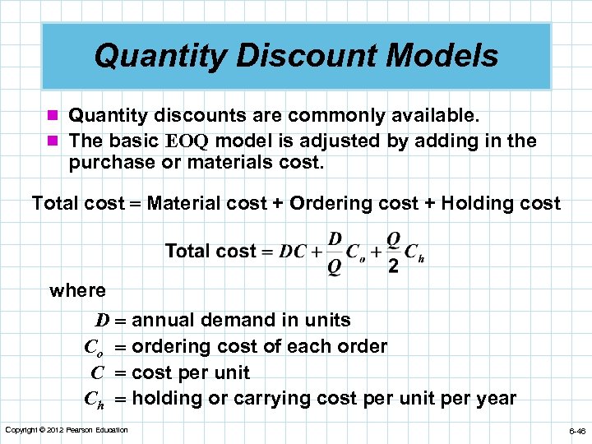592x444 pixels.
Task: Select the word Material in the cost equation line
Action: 183,203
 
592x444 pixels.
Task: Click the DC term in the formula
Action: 294,252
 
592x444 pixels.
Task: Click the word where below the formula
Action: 77,290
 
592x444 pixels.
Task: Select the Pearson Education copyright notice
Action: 67,430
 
